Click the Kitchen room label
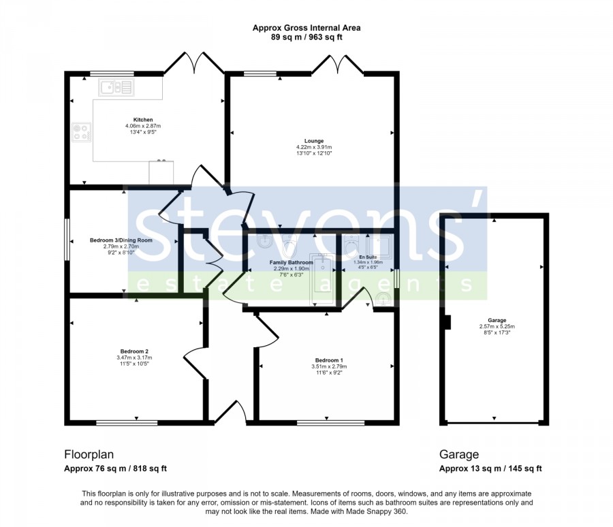click(x=143, y=120)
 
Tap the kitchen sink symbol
click(x=116, y=87)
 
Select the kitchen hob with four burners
click(x=82, y=132)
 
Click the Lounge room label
click(x=314, y=141)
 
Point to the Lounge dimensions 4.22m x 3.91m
click(x=314, y=147)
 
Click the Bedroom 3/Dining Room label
click(x=121, y=240)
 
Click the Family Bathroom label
click(x=292, y=262)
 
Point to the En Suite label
click(x=368, y=257)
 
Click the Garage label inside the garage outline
click(x=497, y=320)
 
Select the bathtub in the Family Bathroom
click(x=323, y=280)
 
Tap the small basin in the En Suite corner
click(x=383, y=299)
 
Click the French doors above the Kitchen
click(x=194, y=63)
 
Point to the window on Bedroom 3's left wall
click(x=67, y=239)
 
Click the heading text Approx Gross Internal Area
click(x=306, y=28)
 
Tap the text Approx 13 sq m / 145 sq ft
click(x=490, y=468)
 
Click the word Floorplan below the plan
click(x=89, y=454)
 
